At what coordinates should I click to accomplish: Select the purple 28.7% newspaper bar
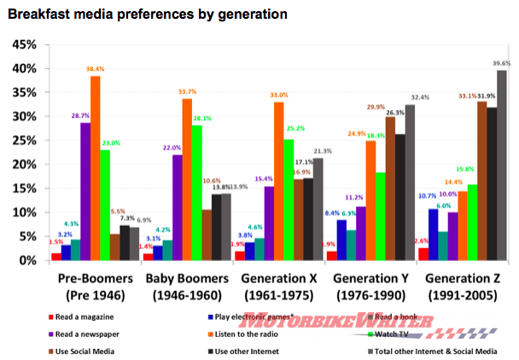coord(85,191)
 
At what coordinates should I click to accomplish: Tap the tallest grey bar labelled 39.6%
coord(502,165)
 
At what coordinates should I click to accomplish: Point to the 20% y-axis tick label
coord(24,165)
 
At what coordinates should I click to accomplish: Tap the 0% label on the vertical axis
coord(28,261)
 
